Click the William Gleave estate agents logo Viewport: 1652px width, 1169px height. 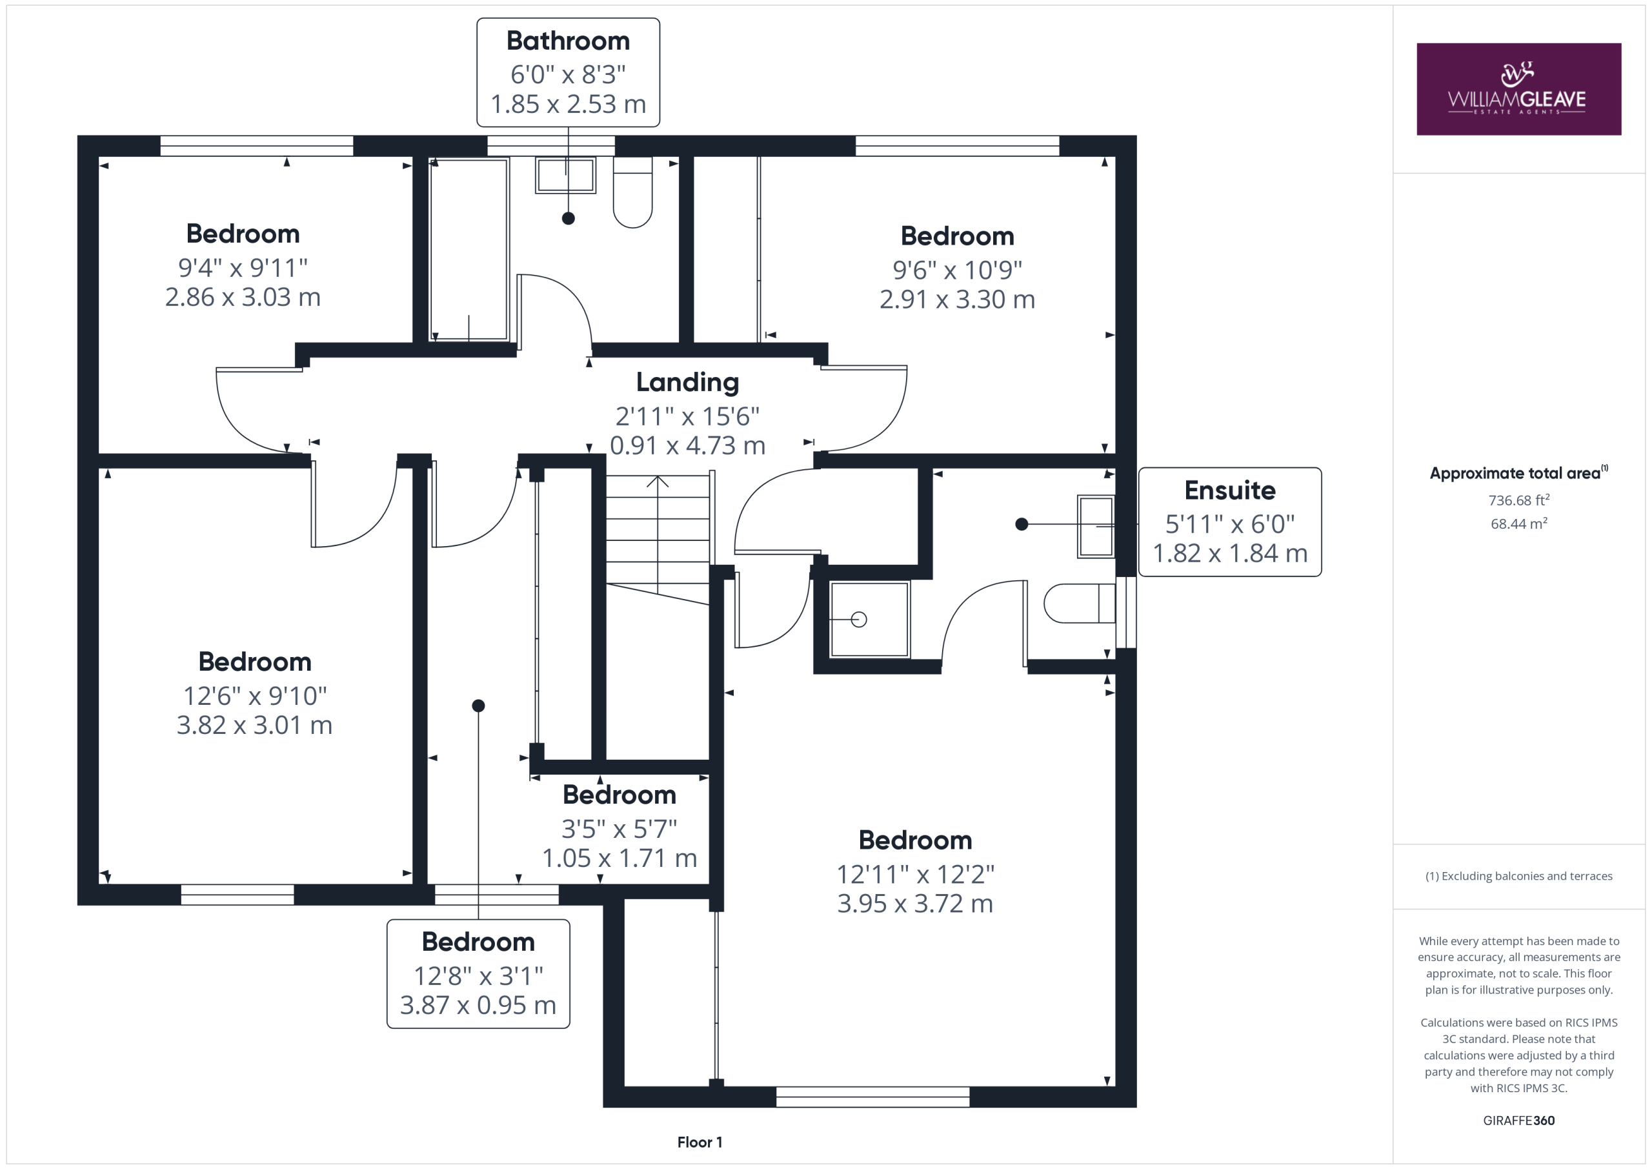coord(1518,88)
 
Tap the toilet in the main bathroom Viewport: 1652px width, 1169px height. coord(632,192)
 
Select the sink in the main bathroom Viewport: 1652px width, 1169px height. coord(565,175)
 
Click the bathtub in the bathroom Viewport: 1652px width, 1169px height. coord(469,249)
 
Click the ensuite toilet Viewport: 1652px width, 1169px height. coord(1078,602)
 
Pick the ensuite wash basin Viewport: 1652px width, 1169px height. coord(1096,526)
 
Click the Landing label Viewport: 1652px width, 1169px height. coord(687,382)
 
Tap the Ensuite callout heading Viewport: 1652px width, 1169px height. coord(1230,490)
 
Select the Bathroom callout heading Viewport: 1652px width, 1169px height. coord(568,41)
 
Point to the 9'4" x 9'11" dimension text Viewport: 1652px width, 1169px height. coord(243,268)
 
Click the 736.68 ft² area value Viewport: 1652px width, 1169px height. coord(1518,500)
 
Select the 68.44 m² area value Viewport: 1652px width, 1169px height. coord(1518,524)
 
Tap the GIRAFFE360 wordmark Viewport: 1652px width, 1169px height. coord(1518,1120)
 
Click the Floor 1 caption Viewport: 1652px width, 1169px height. coord(700,1142)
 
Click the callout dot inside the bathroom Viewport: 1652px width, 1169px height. coord(569,218)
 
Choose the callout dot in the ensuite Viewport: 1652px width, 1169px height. coord(1021,524)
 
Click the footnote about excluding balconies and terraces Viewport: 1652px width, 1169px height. coord(1518,876)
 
